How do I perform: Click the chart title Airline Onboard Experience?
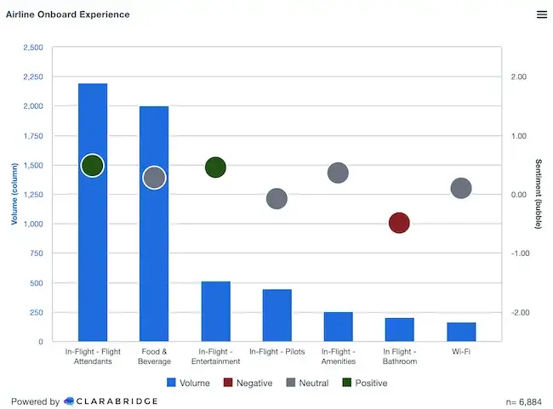[x=68, y=14]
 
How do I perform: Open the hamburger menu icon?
[x=542, y=14]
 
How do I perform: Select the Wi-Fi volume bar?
[x=461, y=332]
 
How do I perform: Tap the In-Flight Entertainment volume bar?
[x=215, y=311]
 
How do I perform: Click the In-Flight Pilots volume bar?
[x=276, y=315]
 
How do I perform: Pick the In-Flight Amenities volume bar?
[x=338, y=327]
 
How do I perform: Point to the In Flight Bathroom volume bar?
[x=399, y=329]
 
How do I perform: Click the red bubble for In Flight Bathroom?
[x=399, y=223]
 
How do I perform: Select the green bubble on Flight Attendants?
[x=93, y=165]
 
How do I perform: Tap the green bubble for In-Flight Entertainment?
[x=215, y=167]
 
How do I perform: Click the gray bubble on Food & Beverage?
[x=154, y=178]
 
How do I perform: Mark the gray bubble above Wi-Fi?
[x=461, y=188]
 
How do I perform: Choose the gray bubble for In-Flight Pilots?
[x=276, y=199]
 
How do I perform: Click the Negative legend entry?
[x=248, y=383]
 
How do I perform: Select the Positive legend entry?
[x=364, y=383]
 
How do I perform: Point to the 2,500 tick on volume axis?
[x=31, y=48]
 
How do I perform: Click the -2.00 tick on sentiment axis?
[x=517, y=312]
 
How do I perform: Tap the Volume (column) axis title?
[x=14, y=195]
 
